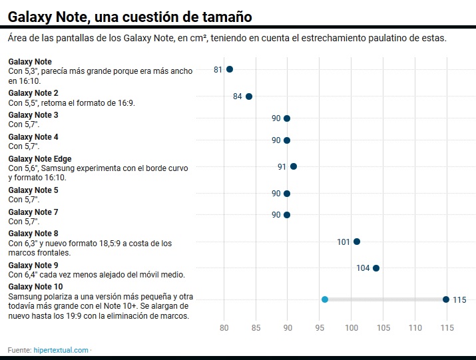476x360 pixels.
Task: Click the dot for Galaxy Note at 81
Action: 230,69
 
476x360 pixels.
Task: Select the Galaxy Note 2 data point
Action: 249,96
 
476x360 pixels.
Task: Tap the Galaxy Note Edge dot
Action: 294,166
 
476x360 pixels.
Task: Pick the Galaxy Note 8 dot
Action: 357,242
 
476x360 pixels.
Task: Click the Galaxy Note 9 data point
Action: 376,268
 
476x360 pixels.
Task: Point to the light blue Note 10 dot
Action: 325,299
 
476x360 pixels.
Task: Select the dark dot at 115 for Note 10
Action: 446,299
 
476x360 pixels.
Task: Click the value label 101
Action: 344,242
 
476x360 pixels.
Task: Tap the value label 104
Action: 363,268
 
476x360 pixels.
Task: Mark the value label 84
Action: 238,96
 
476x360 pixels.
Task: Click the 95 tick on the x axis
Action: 320,328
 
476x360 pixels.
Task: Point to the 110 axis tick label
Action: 415,328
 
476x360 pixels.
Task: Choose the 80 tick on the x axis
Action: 224,328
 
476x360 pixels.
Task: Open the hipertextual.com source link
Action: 61,350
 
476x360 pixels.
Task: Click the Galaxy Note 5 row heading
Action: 33,190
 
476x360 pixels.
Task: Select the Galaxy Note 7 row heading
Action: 33,212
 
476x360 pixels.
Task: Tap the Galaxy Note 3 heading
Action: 33,115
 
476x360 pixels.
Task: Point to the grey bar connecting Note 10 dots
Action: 385,299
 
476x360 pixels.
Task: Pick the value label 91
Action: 282,166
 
